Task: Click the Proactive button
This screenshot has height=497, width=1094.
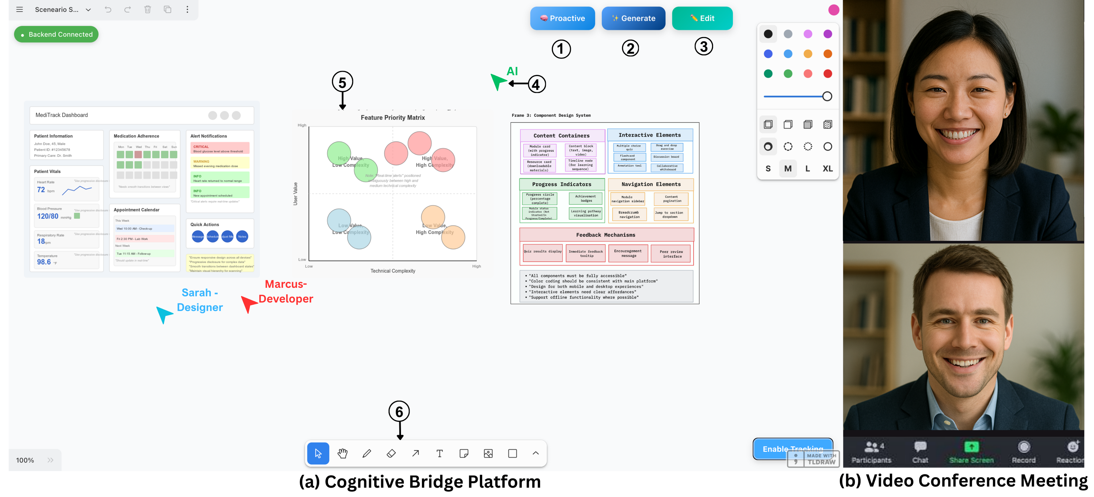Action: click(562, 18)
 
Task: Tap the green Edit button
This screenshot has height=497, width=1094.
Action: click(702, 18)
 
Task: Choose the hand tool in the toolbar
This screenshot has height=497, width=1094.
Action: click(342, 453)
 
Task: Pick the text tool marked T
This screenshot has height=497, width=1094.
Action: click(440, 453)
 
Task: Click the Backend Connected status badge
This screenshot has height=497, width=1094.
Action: click(56, 34)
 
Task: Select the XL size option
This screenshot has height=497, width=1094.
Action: click(827, 169)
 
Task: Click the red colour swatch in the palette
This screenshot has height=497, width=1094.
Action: click(827, 74)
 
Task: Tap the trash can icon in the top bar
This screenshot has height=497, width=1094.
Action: click(147, 9)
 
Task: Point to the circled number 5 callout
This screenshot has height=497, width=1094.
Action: click(342, 82)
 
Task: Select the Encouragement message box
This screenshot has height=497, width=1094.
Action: click(628, 253)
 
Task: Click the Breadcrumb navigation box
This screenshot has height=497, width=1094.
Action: click(629, 214)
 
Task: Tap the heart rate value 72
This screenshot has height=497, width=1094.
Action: click(41, 190)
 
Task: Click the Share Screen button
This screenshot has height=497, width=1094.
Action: click(971, 452)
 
